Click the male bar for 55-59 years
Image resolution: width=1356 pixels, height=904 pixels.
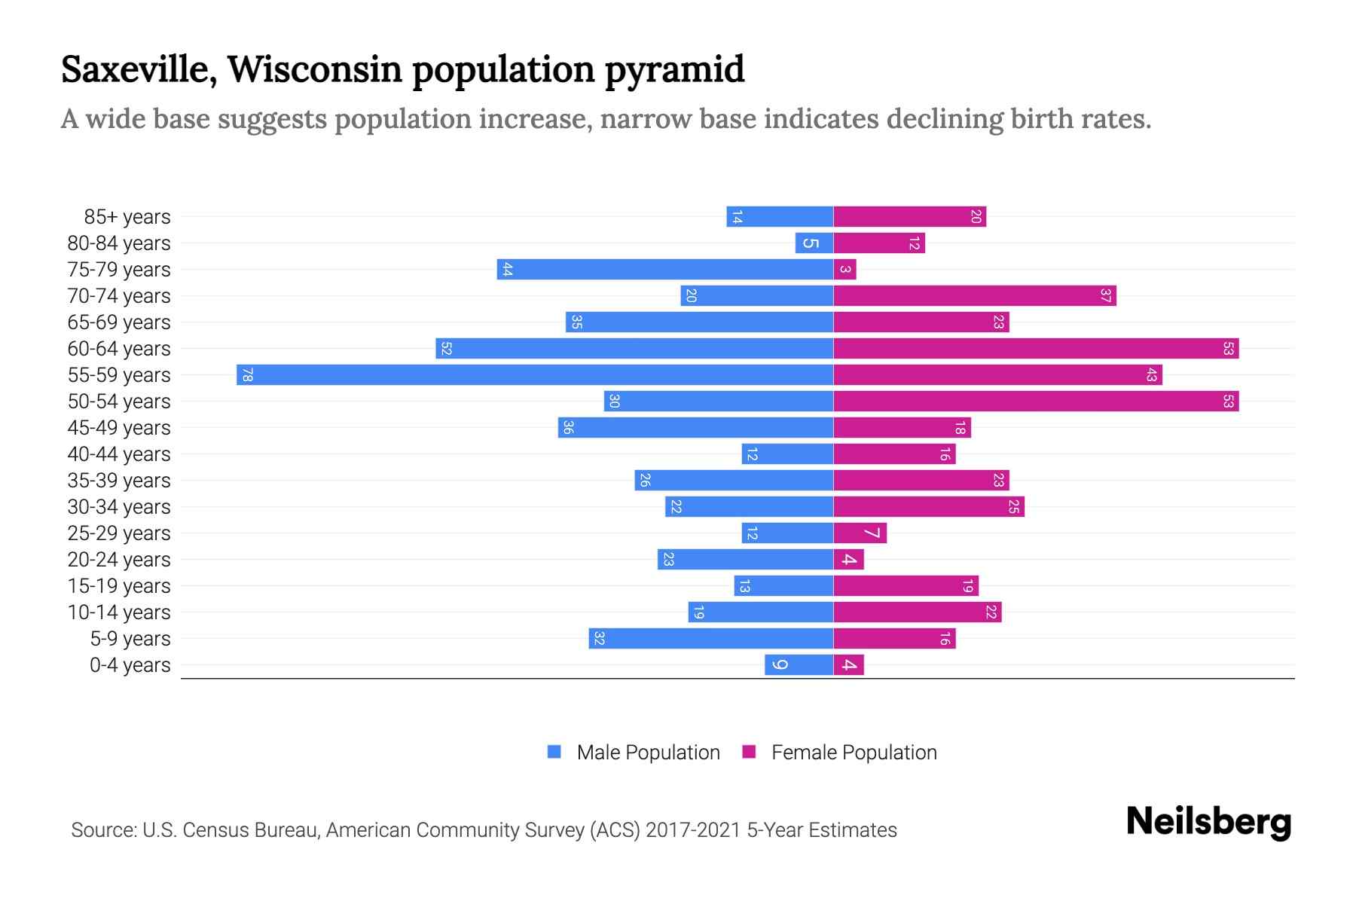click(535, 374)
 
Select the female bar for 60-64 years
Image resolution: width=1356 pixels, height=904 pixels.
click(1036, 348)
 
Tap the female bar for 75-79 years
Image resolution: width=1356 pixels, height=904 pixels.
click(844, 269)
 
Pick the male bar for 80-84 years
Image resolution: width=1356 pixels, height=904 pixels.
click(814, 243)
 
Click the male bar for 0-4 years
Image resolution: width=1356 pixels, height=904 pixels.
click(799, 664)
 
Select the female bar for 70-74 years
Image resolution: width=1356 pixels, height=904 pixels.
click(974, 295)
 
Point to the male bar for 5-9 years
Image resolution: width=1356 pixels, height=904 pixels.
click(710, 638)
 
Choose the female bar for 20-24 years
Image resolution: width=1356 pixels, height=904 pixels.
click(848, 559)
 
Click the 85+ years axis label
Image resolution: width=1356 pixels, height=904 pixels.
click(127, 217)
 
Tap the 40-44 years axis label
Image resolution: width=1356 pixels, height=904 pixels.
click(119, 454)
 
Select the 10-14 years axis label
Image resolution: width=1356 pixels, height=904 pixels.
click(119, 612)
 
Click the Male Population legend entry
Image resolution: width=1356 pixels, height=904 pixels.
click(648, 752)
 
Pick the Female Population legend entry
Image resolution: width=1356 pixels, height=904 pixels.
click(854, 752)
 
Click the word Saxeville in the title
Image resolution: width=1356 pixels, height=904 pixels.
click(139, 69)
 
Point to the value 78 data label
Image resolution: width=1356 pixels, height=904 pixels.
click(247, 374)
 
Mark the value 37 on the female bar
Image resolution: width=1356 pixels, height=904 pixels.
click(1105, 295)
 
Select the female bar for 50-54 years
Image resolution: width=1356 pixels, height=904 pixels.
click(1036, 401)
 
